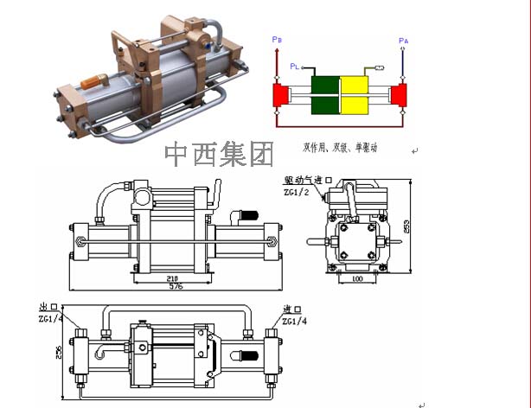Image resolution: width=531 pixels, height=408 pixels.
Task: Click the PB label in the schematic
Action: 276,40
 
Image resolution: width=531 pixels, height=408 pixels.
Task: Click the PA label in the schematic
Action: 403,41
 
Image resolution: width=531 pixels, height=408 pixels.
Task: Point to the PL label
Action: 295,66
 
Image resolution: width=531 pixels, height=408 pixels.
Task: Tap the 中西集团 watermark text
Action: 219,154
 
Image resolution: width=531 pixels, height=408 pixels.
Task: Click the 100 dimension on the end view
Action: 356,279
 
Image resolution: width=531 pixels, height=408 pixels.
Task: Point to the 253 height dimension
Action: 406,226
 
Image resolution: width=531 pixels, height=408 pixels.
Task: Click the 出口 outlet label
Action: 48,308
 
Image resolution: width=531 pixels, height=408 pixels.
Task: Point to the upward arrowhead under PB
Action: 275,50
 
